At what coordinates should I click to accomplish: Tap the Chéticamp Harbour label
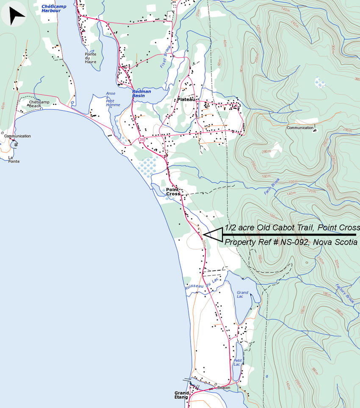pyautogui.click(x=51, y=8)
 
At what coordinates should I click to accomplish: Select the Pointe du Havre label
pyautogui.click(x=90, y=58)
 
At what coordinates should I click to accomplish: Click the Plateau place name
pyautogui.click(x=186, y=99)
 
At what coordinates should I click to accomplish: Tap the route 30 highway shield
pyautogui.click(x=141, y=139)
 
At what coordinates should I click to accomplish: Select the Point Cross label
pyautogui.click(x=173, y=192)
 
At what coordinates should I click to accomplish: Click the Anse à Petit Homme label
pyautogui.click(x=113, y=99)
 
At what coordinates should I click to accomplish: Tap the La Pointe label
pyautogui.click(x=14, y=159)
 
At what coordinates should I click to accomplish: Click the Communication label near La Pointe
pyautogui.click(x=17, y=136)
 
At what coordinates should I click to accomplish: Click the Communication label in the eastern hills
pyautogui.click(x=300, y=128)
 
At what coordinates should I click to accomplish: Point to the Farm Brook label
pyautogui.click(x=272, y=186)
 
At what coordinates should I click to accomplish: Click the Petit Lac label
pyautogui.click(x=237, y=362)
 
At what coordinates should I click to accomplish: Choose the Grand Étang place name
pyautogui.click(x=181, y=395)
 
